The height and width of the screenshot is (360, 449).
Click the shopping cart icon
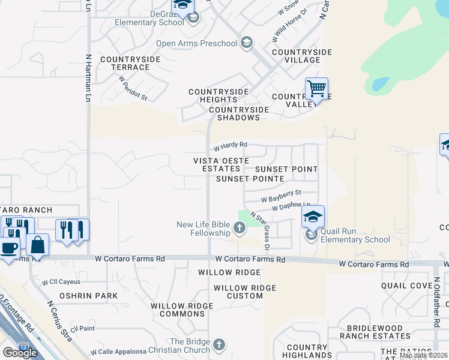pos(316,89)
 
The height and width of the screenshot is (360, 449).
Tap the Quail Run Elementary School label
pos(354,235)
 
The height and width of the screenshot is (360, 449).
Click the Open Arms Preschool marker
pos(246,43)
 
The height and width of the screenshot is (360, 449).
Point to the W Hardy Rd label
pos(231,146)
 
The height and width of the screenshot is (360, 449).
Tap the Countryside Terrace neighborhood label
pos(130,63)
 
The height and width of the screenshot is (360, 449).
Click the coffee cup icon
pos(8,247)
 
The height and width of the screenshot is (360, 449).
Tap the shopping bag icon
pos(37,245)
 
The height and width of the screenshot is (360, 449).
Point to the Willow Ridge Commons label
pos(182,310)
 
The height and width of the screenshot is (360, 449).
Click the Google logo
pos(20,353)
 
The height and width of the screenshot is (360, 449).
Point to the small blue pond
pos(379,84)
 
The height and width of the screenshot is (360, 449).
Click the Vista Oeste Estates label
pos(217,164)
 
